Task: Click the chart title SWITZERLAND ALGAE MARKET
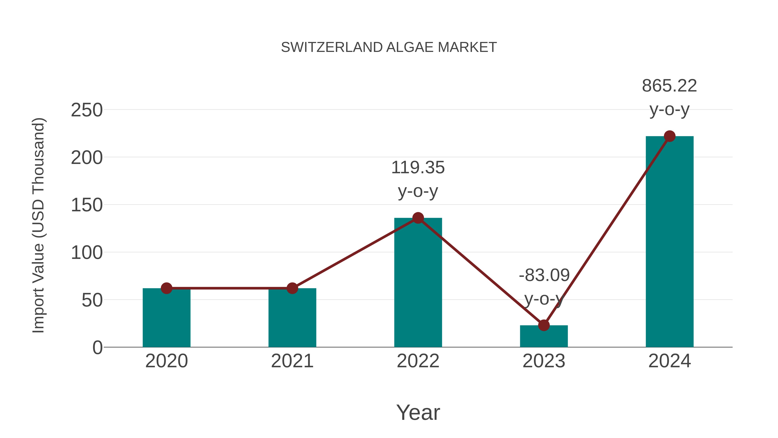click(389, 47)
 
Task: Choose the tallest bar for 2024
click(669, 242)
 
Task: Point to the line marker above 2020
click(166, 288)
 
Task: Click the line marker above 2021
click(292, 288)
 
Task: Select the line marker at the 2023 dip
click(544, 325)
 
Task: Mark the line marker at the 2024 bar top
click(669, 136)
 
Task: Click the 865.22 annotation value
click(669, 86)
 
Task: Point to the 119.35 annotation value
click(418, 168)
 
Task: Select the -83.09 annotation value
click(544, 275)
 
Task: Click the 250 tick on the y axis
click(87, 110)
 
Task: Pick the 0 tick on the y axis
click(97, 348)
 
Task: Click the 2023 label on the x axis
click(544, 361)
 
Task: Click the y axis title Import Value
click(39, 225)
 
